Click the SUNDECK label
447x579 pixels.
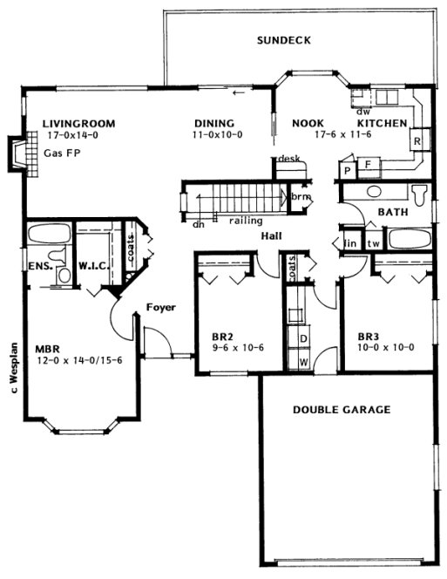point(283,41)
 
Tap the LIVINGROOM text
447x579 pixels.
point(78,124)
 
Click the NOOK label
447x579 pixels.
point(308,124)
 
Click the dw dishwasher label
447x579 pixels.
point(362,111)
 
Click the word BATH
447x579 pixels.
point(394,212)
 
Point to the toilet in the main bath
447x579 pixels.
point(419,193)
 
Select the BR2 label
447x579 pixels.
point(223,334)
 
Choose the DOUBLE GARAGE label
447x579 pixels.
point(341,409)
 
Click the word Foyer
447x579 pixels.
point(160,307)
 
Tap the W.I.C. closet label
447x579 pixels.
point(92,265)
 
